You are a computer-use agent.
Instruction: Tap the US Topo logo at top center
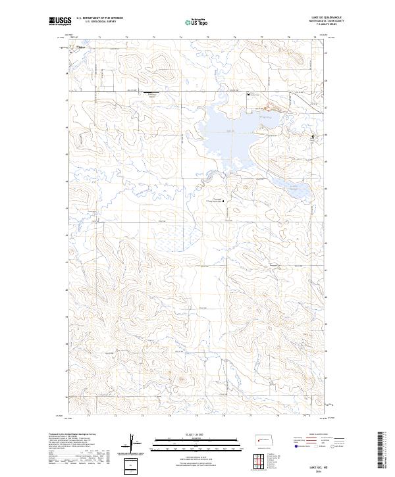197,22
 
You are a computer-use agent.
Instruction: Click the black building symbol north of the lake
248,95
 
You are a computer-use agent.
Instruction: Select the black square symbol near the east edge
313,136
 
